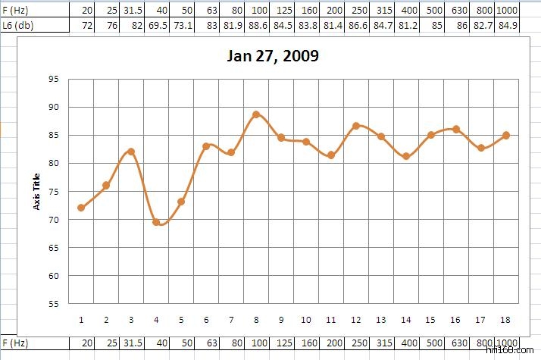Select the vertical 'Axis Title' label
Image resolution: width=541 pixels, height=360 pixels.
(x=36, y=190)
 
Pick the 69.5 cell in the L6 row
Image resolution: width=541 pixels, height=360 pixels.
(x=156, y=26)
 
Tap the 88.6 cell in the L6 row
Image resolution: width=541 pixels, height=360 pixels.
(x=256, y=26)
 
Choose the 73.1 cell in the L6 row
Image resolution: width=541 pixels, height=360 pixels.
(x=181, y=26)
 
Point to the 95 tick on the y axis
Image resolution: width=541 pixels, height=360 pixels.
(x=53, y=79)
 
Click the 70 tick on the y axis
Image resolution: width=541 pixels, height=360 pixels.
(x=53, y=219)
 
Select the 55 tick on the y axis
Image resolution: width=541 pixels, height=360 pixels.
(x=53, y=303)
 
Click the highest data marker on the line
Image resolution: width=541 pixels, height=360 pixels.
(x=256, y=114)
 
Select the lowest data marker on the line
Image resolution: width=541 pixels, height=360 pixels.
(x=156, y=222)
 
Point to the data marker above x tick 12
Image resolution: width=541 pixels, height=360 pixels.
(x=356, y=126)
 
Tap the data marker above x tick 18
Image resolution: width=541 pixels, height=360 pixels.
(x=506, y=136)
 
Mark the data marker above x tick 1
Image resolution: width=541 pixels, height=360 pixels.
(x=81, y=208)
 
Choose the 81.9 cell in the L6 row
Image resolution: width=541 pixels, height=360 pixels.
(x=231, y=26)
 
